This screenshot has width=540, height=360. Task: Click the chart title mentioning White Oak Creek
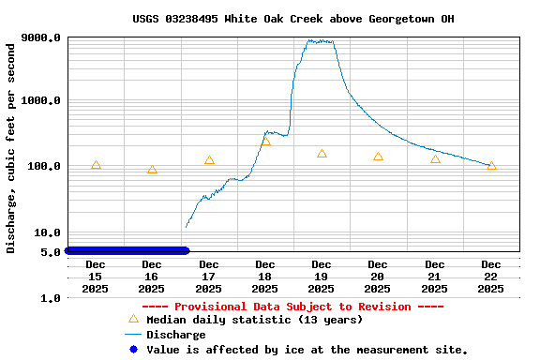pyautogui.click(x=293, y=19)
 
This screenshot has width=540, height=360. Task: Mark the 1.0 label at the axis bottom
pyautogui.click(x=52, y=298)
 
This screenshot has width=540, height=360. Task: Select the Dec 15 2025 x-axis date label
pyautogui.click(x=96, y=277)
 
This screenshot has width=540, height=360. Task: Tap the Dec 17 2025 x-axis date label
pyautogui.click(x=208, y=277)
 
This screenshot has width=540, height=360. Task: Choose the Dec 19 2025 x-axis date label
pyautogui.click(x=322, y=277)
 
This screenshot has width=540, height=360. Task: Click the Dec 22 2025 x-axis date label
pyautogui.click(x=491, y=277)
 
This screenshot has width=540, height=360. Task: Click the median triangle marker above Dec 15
pyautogui.click(x=96, y=165)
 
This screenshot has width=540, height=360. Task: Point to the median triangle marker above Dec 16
pyautogui.click(x=152, y=170)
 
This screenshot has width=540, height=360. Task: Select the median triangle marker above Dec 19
pyautogui.click(x=322, y=154)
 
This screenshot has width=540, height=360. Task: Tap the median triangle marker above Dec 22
pyautogui.click(x=491, y=166)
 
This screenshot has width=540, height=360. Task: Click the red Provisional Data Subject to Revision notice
pyautogui.click(x=292, y=307)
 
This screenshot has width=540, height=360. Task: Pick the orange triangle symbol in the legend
pyautogui.click(x=133, y=320)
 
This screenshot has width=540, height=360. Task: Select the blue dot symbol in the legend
pyautogui.click(x=133, y=350)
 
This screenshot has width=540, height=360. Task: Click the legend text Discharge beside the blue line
pyautogui.click(x=175, y=335)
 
